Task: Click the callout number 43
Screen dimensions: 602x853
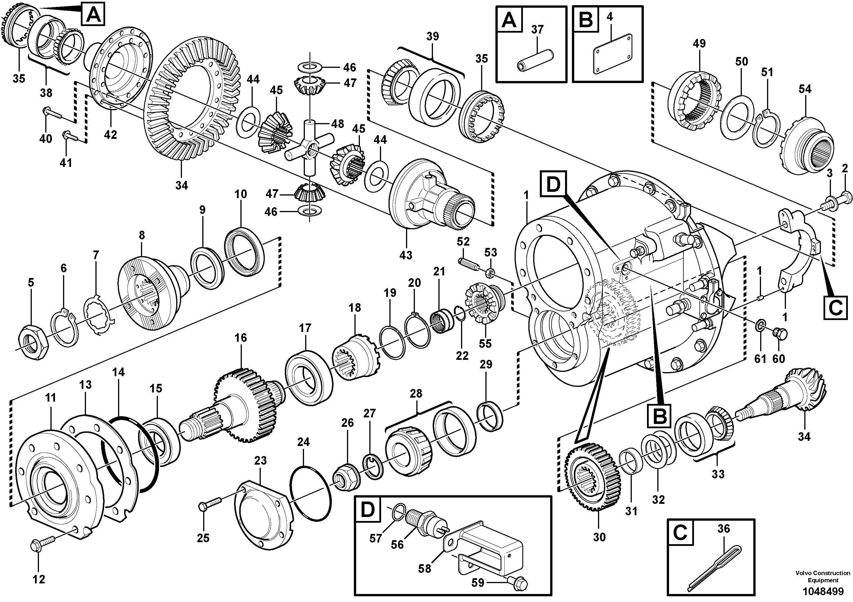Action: (406, 255)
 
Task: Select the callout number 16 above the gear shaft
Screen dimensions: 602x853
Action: (241, 338)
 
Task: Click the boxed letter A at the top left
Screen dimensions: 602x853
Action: (93, 15)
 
